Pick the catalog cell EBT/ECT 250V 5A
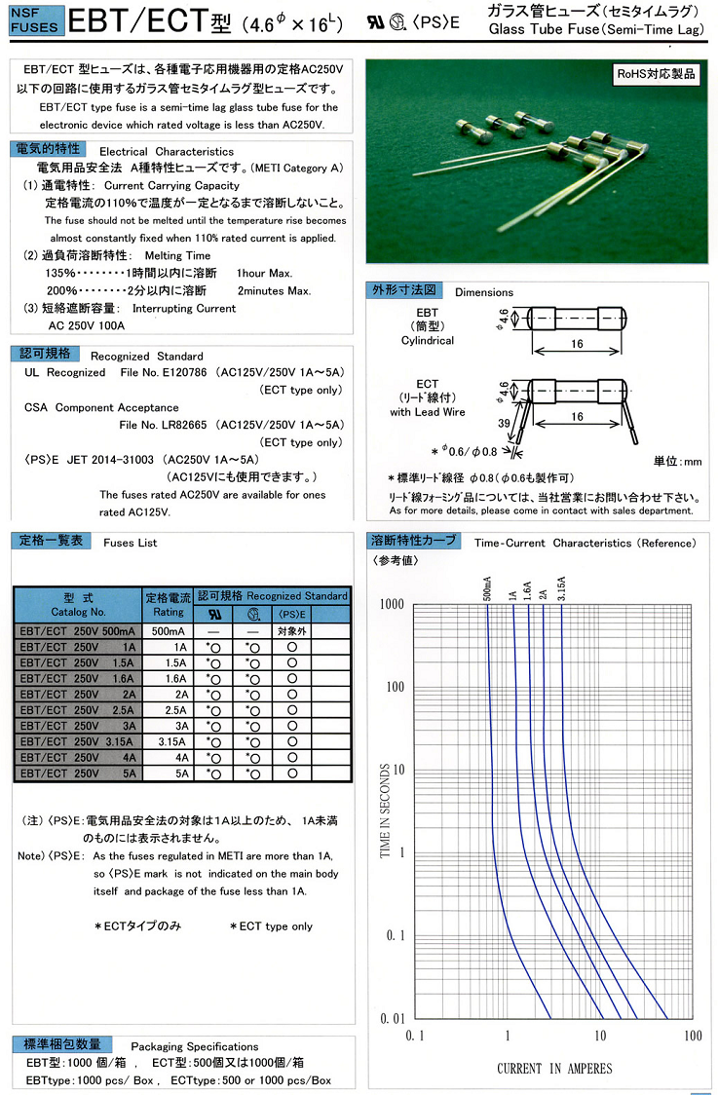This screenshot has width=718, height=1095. (x=77, y=773)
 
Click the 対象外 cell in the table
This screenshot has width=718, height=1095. (x=291, y=630)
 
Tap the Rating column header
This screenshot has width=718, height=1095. (x=168, y=604)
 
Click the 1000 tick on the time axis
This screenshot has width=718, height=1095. (x=392, y=604)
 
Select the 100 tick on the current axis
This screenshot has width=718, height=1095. (x=692, y=1036)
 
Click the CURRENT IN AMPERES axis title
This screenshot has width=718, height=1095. (x=554, y=1069)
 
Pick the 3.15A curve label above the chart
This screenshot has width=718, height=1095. (x=562, y=589)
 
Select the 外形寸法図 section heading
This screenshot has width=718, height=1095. (x=405, y=290)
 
